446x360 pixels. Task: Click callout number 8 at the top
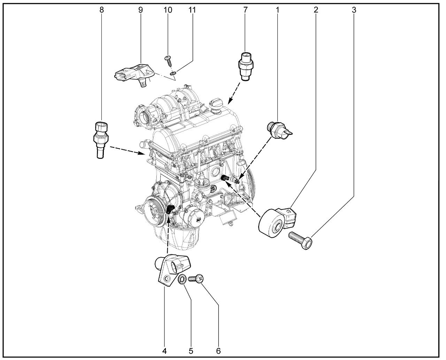click(101, 10)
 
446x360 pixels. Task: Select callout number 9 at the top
click(140, 10)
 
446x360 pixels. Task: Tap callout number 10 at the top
click(168, 10)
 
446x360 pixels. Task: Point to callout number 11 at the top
click(192, 10)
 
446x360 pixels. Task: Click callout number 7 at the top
click(245, 10)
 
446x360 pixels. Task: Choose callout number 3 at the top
click(354, 10)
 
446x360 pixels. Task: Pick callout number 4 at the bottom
click(164, 351)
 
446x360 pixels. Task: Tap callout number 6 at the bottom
click(218, 351)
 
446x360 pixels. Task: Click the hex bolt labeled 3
click(300, 240)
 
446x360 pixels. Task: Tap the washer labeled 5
click(182, 279)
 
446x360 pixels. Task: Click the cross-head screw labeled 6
click(196, 279)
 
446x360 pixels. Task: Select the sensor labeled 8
click(101, 140)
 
